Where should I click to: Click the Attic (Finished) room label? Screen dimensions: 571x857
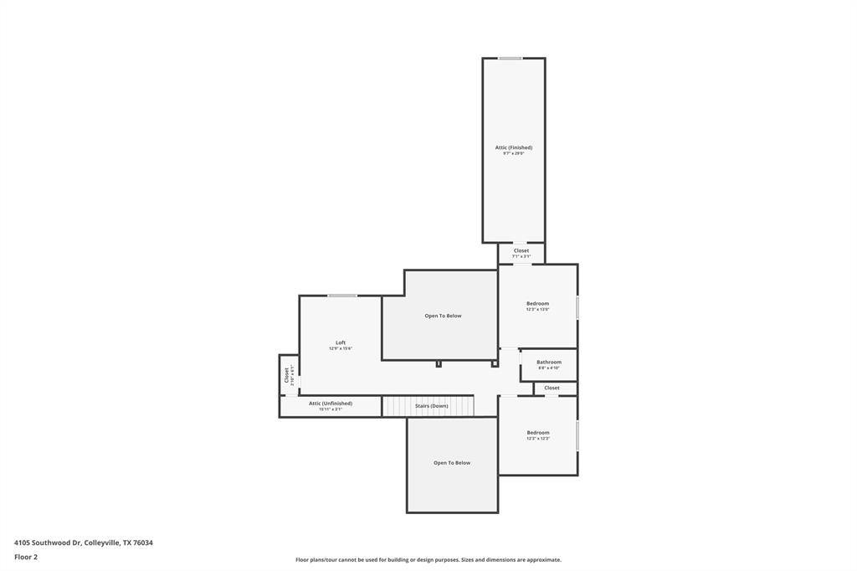(513, 147)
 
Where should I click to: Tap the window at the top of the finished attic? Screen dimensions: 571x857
(511, 59)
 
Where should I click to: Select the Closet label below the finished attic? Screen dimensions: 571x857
(521, 250)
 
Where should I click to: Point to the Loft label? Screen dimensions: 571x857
(341, 342)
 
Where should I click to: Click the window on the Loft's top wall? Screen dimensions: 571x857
(342, 296)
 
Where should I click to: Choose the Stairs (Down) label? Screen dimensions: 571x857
(432, 406)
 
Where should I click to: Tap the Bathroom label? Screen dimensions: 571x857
(549, 362)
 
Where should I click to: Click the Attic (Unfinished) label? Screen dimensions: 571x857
(331, 403)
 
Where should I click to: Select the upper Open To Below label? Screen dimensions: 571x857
(443, 316)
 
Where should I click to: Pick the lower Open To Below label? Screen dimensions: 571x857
(452, 463)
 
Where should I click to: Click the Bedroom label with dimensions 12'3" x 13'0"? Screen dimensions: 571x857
(537, 303)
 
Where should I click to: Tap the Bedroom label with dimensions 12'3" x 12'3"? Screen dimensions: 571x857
(538, 432)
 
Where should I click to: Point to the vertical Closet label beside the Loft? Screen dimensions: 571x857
(286, 374)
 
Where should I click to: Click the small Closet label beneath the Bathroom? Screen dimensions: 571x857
(552, 388)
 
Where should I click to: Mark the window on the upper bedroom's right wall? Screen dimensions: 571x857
(577, 307)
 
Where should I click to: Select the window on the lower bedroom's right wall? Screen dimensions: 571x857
(577, 436)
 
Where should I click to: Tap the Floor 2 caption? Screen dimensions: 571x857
(26, 557)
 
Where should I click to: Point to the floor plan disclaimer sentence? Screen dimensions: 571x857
(428, 559)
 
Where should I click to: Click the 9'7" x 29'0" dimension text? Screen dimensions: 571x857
(513, 154)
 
